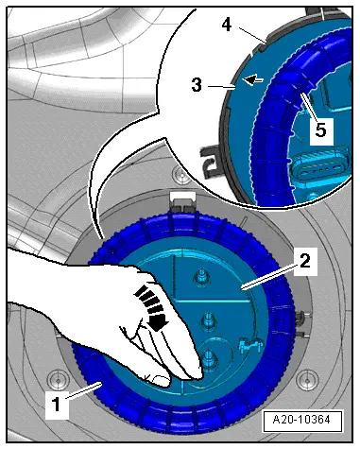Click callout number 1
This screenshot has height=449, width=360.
coord(57,405)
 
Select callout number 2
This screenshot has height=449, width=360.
coord(304,261)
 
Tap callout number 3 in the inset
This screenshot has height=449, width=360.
coord(197,85)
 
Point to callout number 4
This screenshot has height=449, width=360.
coord(227,25)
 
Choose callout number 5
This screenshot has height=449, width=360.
coord(320,130)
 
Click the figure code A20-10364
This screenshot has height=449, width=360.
coord(301,420)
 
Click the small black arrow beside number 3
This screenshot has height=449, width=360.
coord(254,79)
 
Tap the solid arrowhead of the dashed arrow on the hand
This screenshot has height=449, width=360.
coord(158,321)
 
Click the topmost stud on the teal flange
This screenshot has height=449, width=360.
coord(199,277)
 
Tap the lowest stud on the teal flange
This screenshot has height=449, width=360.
coord(208,357)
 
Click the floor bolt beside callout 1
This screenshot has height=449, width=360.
coord(58,380)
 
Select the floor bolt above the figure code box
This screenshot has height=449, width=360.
coord(303,381)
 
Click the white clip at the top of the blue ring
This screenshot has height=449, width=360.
coord(183,202)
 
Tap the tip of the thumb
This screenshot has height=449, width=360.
coord(161,382)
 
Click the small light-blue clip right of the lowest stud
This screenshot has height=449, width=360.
coord(249,345)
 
